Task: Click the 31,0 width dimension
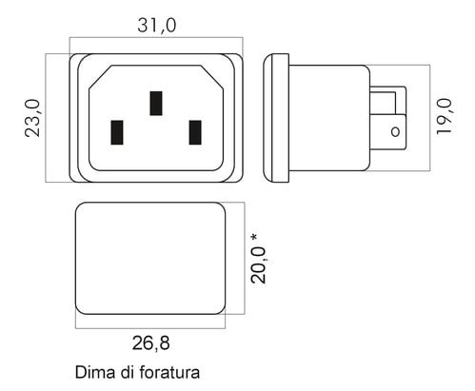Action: point(157,26)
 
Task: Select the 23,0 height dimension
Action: point(32,118)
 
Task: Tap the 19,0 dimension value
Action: point(444,117)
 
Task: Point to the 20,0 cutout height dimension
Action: point(258,264)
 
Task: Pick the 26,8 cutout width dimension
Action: point(151,343)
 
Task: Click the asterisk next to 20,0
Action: point(254,237)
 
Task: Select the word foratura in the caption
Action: point(169,372)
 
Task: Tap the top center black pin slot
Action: point(156,104)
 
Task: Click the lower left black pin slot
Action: point(117,132)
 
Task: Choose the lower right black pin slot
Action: point(195,132)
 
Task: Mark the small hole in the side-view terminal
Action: point(395,131)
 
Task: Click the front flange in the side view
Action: point(276,118)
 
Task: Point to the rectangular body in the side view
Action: point(329,118)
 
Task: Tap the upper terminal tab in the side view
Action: point(388,100)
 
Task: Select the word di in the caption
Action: point(127,372)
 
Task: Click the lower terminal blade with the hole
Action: point(388,132)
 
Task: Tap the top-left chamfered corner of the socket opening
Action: point(100,77)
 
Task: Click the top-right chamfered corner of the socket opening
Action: point(212,77)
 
